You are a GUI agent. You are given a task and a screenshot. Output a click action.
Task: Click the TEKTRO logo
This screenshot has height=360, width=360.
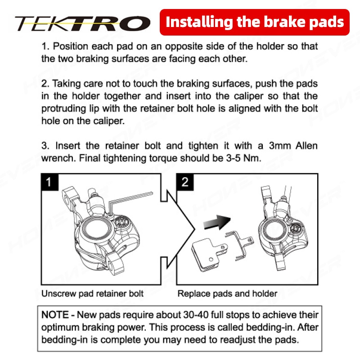point(83,23)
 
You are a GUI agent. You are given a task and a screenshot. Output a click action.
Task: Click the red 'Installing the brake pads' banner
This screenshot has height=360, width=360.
point(255,22)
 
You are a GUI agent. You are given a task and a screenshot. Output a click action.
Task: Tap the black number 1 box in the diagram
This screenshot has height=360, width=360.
point(49,182)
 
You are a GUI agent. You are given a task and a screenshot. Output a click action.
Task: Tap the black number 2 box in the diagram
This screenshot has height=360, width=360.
point(185,182)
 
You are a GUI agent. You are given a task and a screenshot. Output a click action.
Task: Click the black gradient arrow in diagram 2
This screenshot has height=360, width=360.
point(217,222)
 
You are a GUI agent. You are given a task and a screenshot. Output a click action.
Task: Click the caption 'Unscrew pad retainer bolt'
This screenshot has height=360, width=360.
point(92,293)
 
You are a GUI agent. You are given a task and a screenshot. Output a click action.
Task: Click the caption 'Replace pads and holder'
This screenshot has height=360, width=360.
point(227,293)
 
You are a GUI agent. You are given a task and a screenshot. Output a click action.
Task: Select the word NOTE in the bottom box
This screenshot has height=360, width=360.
point(55,315)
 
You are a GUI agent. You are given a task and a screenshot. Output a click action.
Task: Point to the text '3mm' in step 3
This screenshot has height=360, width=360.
point(280,146)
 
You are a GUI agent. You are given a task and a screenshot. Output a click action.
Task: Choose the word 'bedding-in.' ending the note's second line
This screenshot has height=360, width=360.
point(270,328)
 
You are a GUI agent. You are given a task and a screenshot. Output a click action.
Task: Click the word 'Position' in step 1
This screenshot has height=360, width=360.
point(71,46)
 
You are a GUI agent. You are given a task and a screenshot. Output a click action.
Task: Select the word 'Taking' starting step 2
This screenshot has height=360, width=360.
point(66,84)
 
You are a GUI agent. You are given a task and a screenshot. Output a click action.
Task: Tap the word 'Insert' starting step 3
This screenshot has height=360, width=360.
point(68,146)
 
